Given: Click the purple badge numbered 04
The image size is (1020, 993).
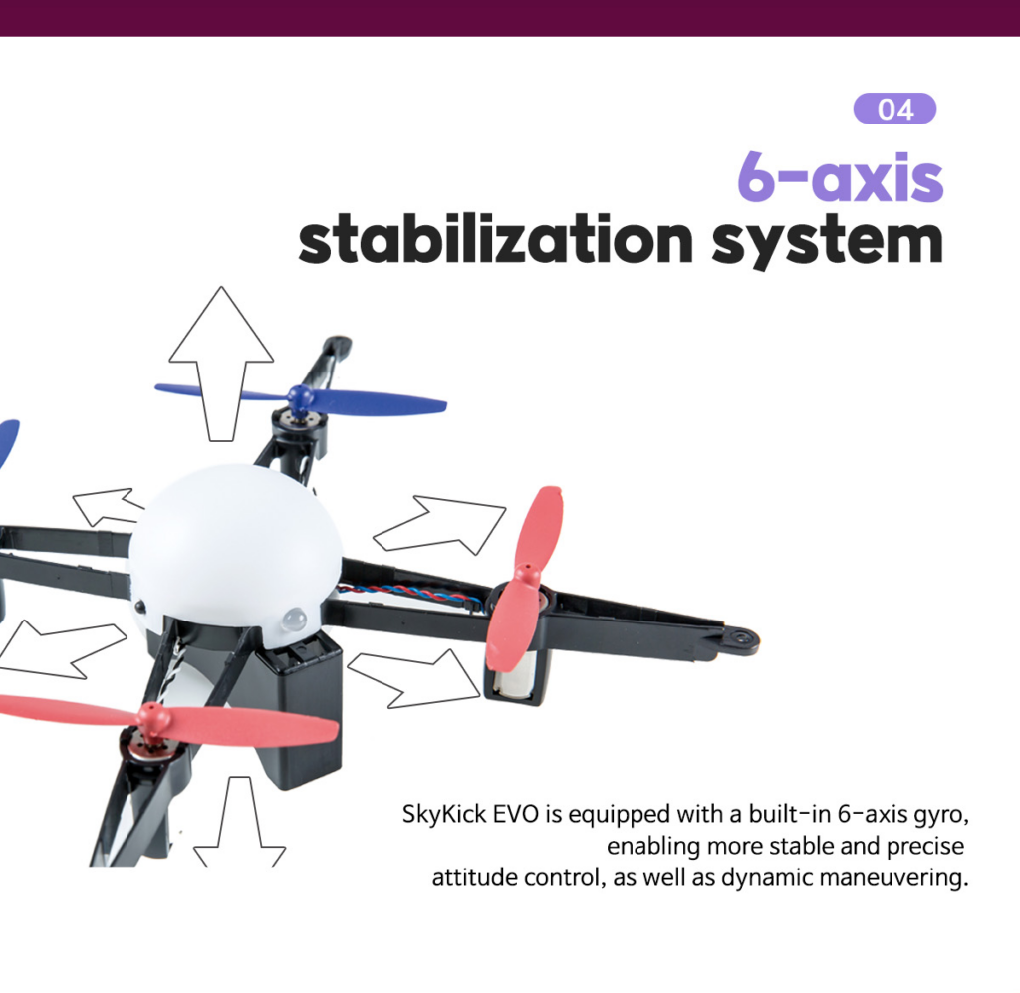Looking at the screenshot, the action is pos(894,109).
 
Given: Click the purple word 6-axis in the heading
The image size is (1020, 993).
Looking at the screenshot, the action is pos(840,177).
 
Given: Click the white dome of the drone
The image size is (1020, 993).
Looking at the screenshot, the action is pos(234,546).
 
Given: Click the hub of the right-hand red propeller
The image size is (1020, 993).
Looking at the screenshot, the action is pos(525,576).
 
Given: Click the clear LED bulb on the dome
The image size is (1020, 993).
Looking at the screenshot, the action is pos(295,620).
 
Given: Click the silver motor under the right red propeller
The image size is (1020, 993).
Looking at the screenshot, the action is pos(512,675).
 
